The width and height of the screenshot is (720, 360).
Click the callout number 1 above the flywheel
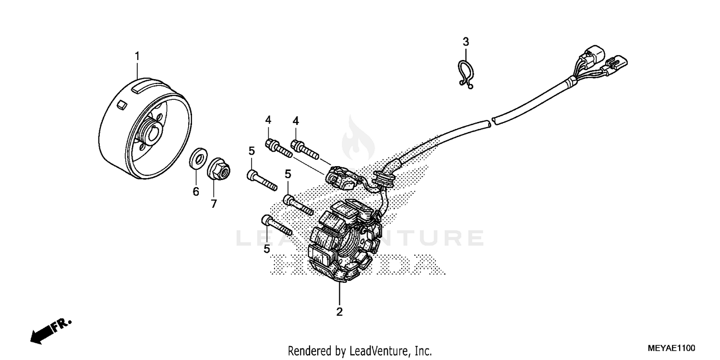point(137,56)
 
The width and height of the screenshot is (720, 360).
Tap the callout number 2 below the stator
point(339,312)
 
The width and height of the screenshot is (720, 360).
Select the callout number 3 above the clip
point(465,42)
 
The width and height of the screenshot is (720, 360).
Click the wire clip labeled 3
point(465,74)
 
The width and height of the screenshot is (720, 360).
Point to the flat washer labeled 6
point(197,159)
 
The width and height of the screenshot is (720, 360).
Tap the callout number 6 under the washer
point(195,192)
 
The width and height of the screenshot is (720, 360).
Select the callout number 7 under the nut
point(214,204)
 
